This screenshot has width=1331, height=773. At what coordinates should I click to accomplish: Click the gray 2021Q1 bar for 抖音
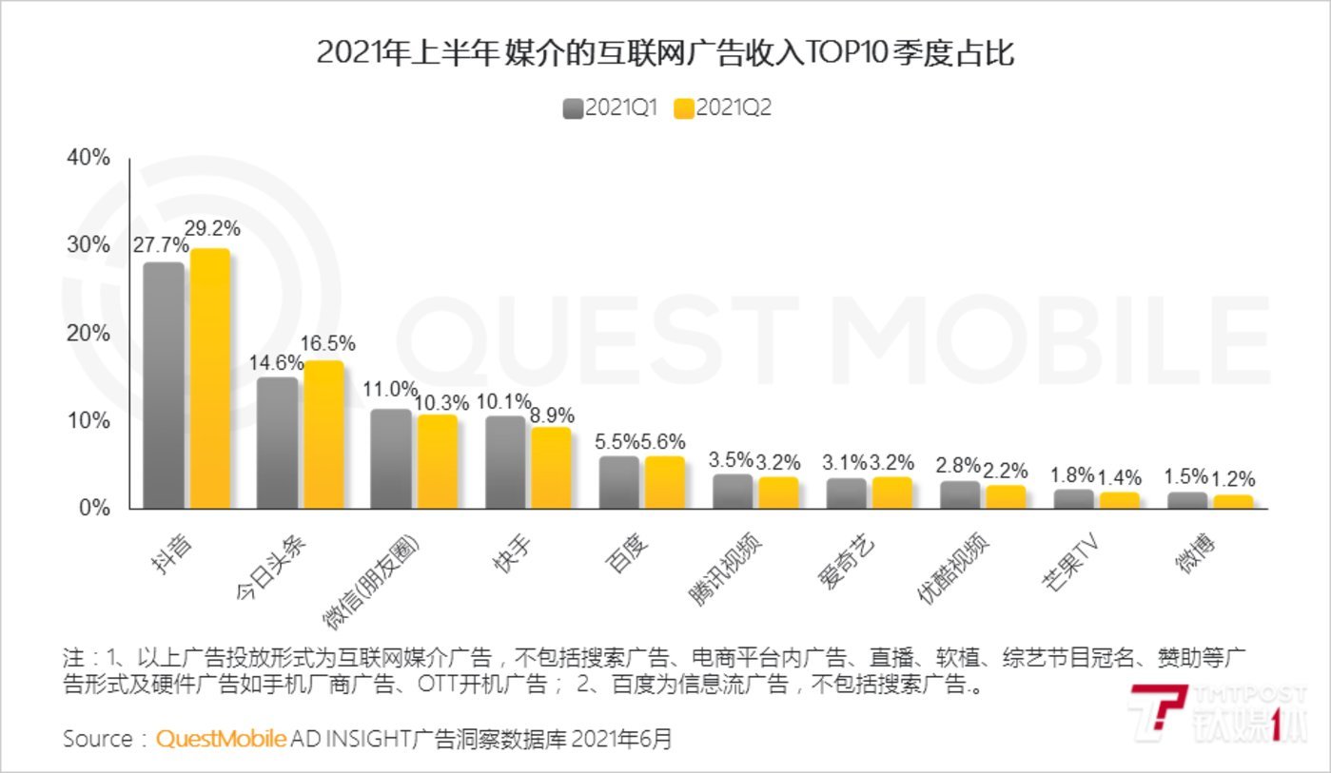pyautogui.click(x=163, y=385)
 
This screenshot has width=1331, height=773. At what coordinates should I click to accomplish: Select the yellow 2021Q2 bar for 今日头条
pyautogui.click(x=323, y=435)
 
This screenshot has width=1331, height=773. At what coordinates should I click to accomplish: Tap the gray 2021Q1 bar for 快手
pyautogui.click(x=505, y=462)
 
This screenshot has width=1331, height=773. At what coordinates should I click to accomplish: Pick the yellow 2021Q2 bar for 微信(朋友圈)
pyautogui.click(x=438, y=461)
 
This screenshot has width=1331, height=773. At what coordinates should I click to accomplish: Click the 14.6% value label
pyautogui.click(x=276, y=363)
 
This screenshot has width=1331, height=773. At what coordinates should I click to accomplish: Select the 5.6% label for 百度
pyautogui.click(x=666, y=442)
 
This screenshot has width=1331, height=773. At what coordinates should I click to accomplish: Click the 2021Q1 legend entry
pyautogui.click(x=610, y=107)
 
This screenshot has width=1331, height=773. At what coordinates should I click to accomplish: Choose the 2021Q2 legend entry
pyautogui.click(x=722, y=107)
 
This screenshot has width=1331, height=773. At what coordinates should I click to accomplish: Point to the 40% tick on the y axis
pyautogui.click(x=88, y=158)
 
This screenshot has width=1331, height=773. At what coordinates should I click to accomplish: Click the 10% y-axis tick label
pyautogui.click(x=88, y=421)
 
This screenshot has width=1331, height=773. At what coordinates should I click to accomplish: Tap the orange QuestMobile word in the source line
pyautogui.click(x=221, y=739)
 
